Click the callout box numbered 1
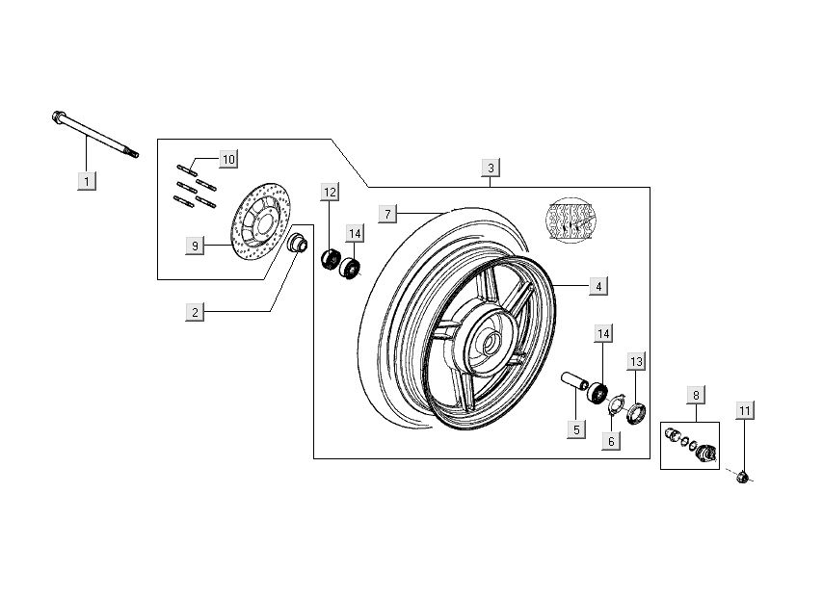pos(86,180)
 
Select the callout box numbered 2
pos(195,311)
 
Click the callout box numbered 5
pos(575,429)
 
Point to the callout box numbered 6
pos(610,440)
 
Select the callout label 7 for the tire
pos(387,213)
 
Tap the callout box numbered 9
pos(195,246)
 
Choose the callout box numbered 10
pos(227,158)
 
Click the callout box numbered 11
pos(744,411)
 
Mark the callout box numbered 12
pos(330,192)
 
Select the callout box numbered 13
pos(636,361)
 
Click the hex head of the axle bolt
pos(58,118)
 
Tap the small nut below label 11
pos(742,476)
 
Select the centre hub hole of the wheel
pos(488,341)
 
